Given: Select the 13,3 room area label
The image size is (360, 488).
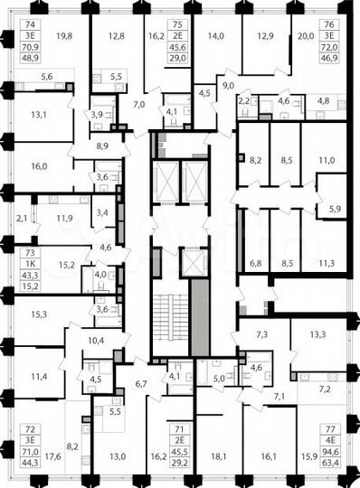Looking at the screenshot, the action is point(317,334).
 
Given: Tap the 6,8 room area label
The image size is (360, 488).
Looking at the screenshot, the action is point(255,264).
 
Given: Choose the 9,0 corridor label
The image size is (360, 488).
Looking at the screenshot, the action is point(229,85).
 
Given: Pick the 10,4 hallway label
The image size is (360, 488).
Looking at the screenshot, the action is point(96,340).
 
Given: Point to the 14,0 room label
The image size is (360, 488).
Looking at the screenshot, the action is point(215,37).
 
